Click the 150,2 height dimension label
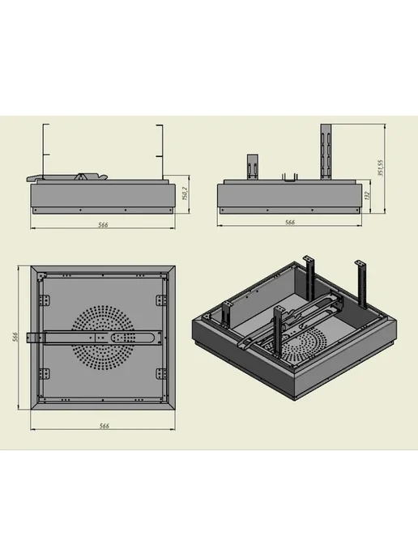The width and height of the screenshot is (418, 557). tap(185, 193)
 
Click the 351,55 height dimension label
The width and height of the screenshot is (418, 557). tap(380, 168)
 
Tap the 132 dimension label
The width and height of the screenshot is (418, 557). tap(368, 196)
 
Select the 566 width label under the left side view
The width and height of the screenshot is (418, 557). tap(103, 224)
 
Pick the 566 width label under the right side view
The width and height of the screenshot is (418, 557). tap(290, 222)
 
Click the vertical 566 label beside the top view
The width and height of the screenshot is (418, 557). tap(15, 337)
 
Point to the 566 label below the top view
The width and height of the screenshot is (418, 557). tap(104, 426)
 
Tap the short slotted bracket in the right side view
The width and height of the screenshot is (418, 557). tap(253, 167)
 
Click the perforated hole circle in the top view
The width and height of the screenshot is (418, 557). tap(103, 337)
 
